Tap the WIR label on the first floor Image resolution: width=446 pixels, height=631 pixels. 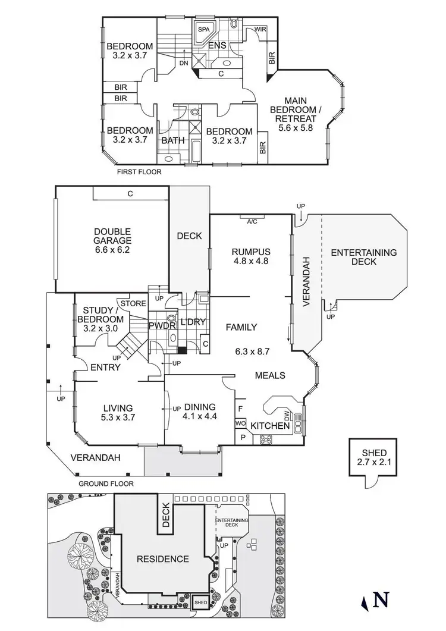(260, 29)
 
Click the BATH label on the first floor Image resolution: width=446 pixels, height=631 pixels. (173, 140)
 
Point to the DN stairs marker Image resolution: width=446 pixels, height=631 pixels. (184, 62)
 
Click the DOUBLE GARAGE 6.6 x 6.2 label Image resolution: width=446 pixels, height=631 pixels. (112, 241)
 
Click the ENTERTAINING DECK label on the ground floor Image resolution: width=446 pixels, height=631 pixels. (364, 257)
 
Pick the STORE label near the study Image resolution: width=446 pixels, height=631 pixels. (133, 304)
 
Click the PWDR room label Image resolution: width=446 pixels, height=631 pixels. (160, 325)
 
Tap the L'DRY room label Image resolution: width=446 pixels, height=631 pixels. (193, 322)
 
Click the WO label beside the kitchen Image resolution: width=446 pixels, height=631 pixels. (241, 423)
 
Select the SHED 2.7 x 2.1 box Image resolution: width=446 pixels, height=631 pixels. (368, 458)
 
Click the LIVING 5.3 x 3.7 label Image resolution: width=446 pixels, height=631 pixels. (118, 412)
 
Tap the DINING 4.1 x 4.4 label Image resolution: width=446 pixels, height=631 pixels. (199, 412)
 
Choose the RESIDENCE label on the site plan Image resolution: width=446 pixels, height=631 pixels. (162, 559)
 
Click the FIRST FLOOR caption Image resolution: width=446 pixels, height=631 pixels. (140, 171)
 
